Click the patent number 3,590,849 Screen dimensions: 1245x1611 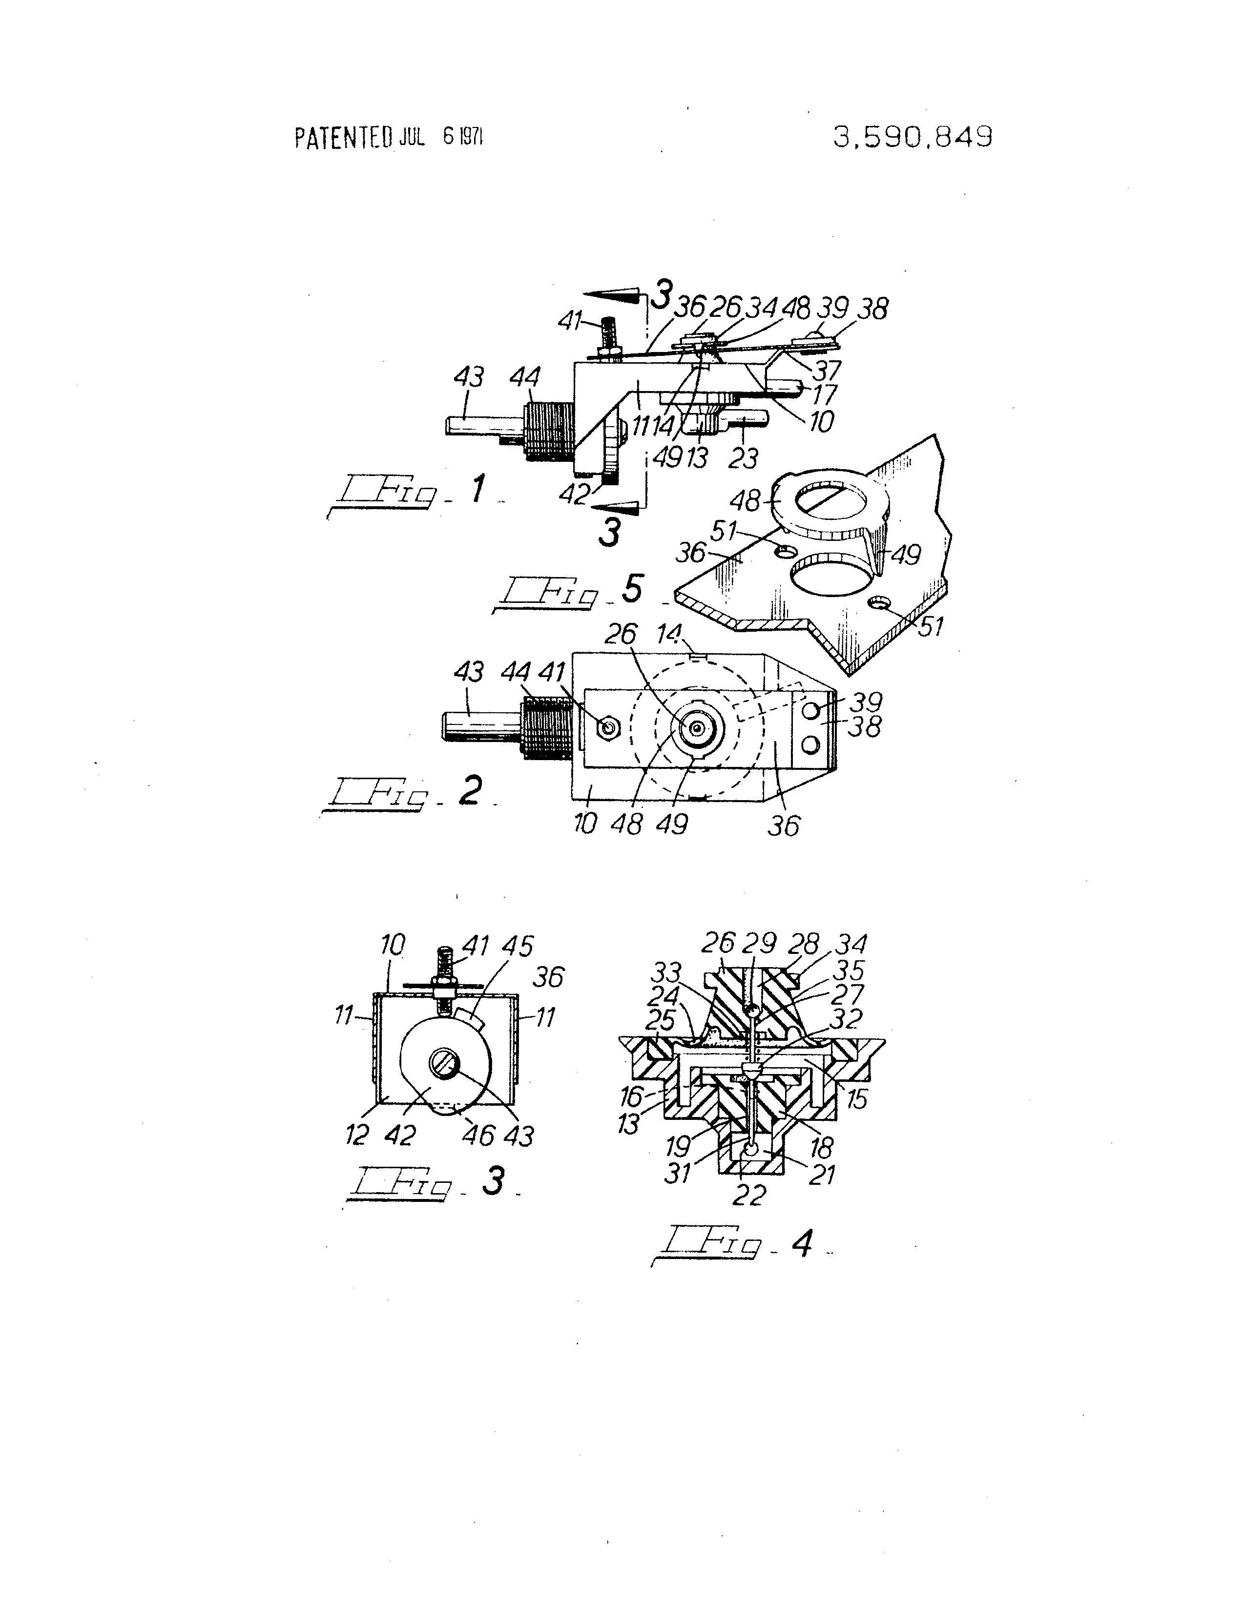(x=913, y=137)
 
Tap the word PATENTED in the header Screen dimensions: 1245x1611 (x=344, y=138)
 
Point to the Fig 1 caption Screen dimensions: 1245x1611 (x=413, y=492)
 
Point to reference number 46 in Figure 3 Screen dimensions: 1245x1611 (x=478, y=1135)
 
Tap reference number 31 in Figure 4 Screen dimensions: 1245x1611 (x=678, y=1172)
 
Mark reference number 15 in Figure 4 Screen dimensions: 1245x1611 (x=855, y=1098)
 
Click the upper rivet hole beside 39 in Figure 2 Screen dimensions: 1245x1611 (x=810, y=711)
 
